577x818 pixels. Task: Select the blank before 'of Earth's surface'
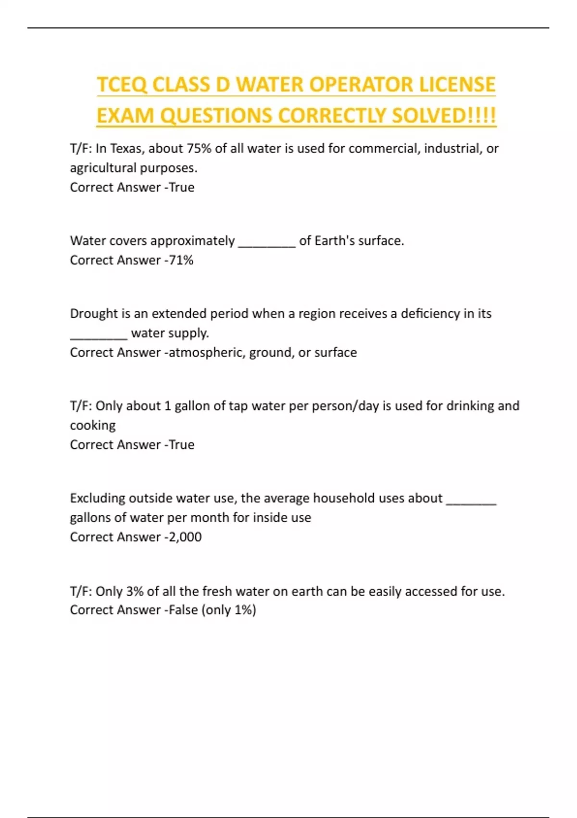267,242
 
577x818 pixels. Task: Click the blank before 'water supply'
99,334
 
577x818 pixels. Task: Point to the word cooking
93,426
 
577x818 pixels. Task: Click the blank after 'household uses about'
471,499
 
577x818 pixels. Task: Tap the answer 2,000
185,537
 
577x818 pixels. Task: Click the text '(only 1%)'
228,610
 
